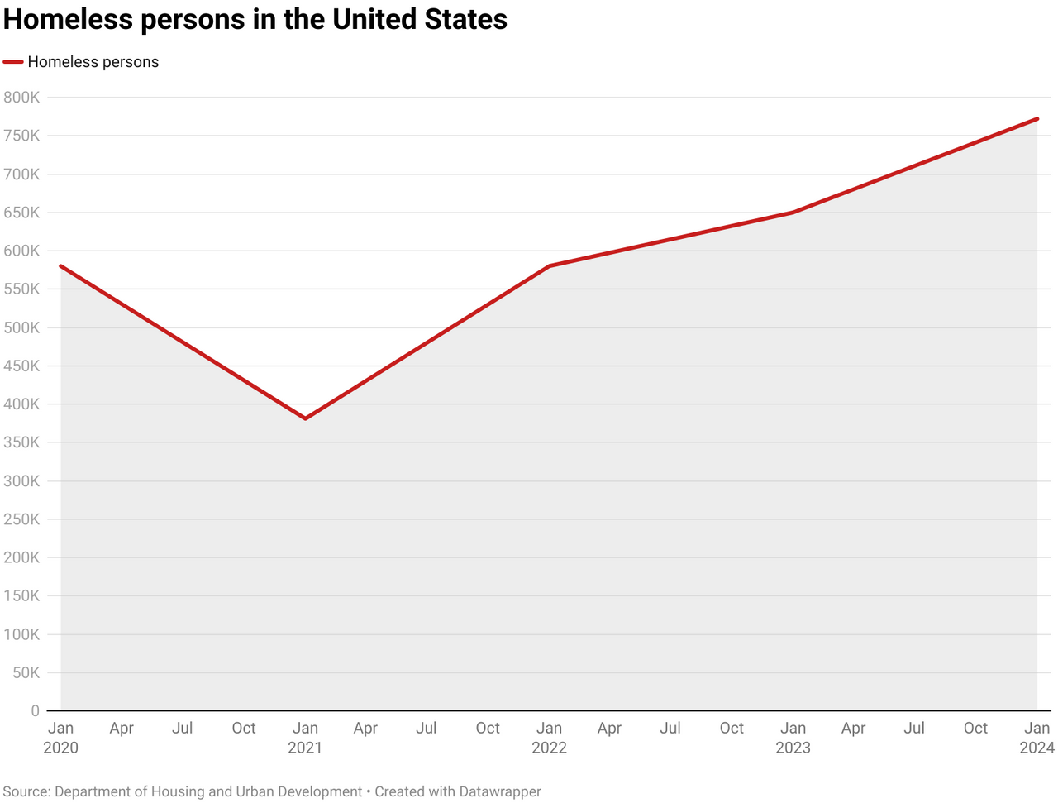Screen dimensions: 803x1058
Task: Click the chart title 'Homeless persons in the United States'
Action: coord(255,19)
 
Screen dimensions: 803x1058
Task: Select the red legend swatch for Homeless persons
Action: coord(13,62)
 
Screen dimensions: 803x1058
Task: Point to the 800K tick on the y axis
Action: coord(21,98)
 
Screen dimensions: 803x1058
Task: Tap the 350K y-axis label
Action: coord(21,442)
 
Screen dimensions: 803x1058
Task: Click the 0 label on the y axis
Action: coord(35,711)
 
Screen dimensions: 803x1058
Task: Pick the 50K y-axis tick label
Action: coord(26,673)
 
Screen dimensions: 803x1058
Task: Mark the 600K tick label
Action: coord(21,251)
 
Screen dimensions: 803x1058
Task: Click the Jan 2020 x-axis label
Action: coord(60,738)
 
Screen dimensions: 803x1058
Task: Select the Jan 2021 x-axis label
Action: coord(305,738)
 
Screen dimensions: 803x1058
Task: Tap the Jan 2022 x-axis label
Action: coord(549,738)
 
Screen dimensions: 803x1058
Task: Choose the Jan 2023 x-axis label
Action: coord(793,738)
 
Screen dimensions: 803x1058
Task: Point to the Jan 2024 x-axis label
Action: coord(1037,738)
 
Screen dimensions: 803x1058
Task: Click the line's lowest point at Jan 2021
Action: coord(305,418)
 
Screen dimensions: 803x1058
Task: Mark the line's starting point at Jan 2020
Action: coord(61,266)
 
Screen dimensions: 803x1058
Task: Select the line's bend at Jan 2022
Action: coord(549,266)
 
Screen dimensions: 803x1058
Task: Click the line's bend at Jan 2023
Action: coord(793,213)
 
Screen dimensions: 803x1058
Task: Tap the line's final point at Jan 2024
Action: coord(1037,119)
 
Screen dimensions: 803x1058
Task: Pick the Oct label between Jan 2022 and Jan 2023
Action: coord(732,729)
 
